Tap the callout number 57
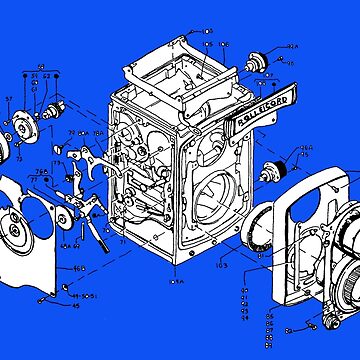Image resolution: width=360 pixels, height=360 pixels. (x=9, y=98)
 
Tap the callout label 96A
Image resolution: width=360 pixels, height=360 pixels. (x=306, y=150)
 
